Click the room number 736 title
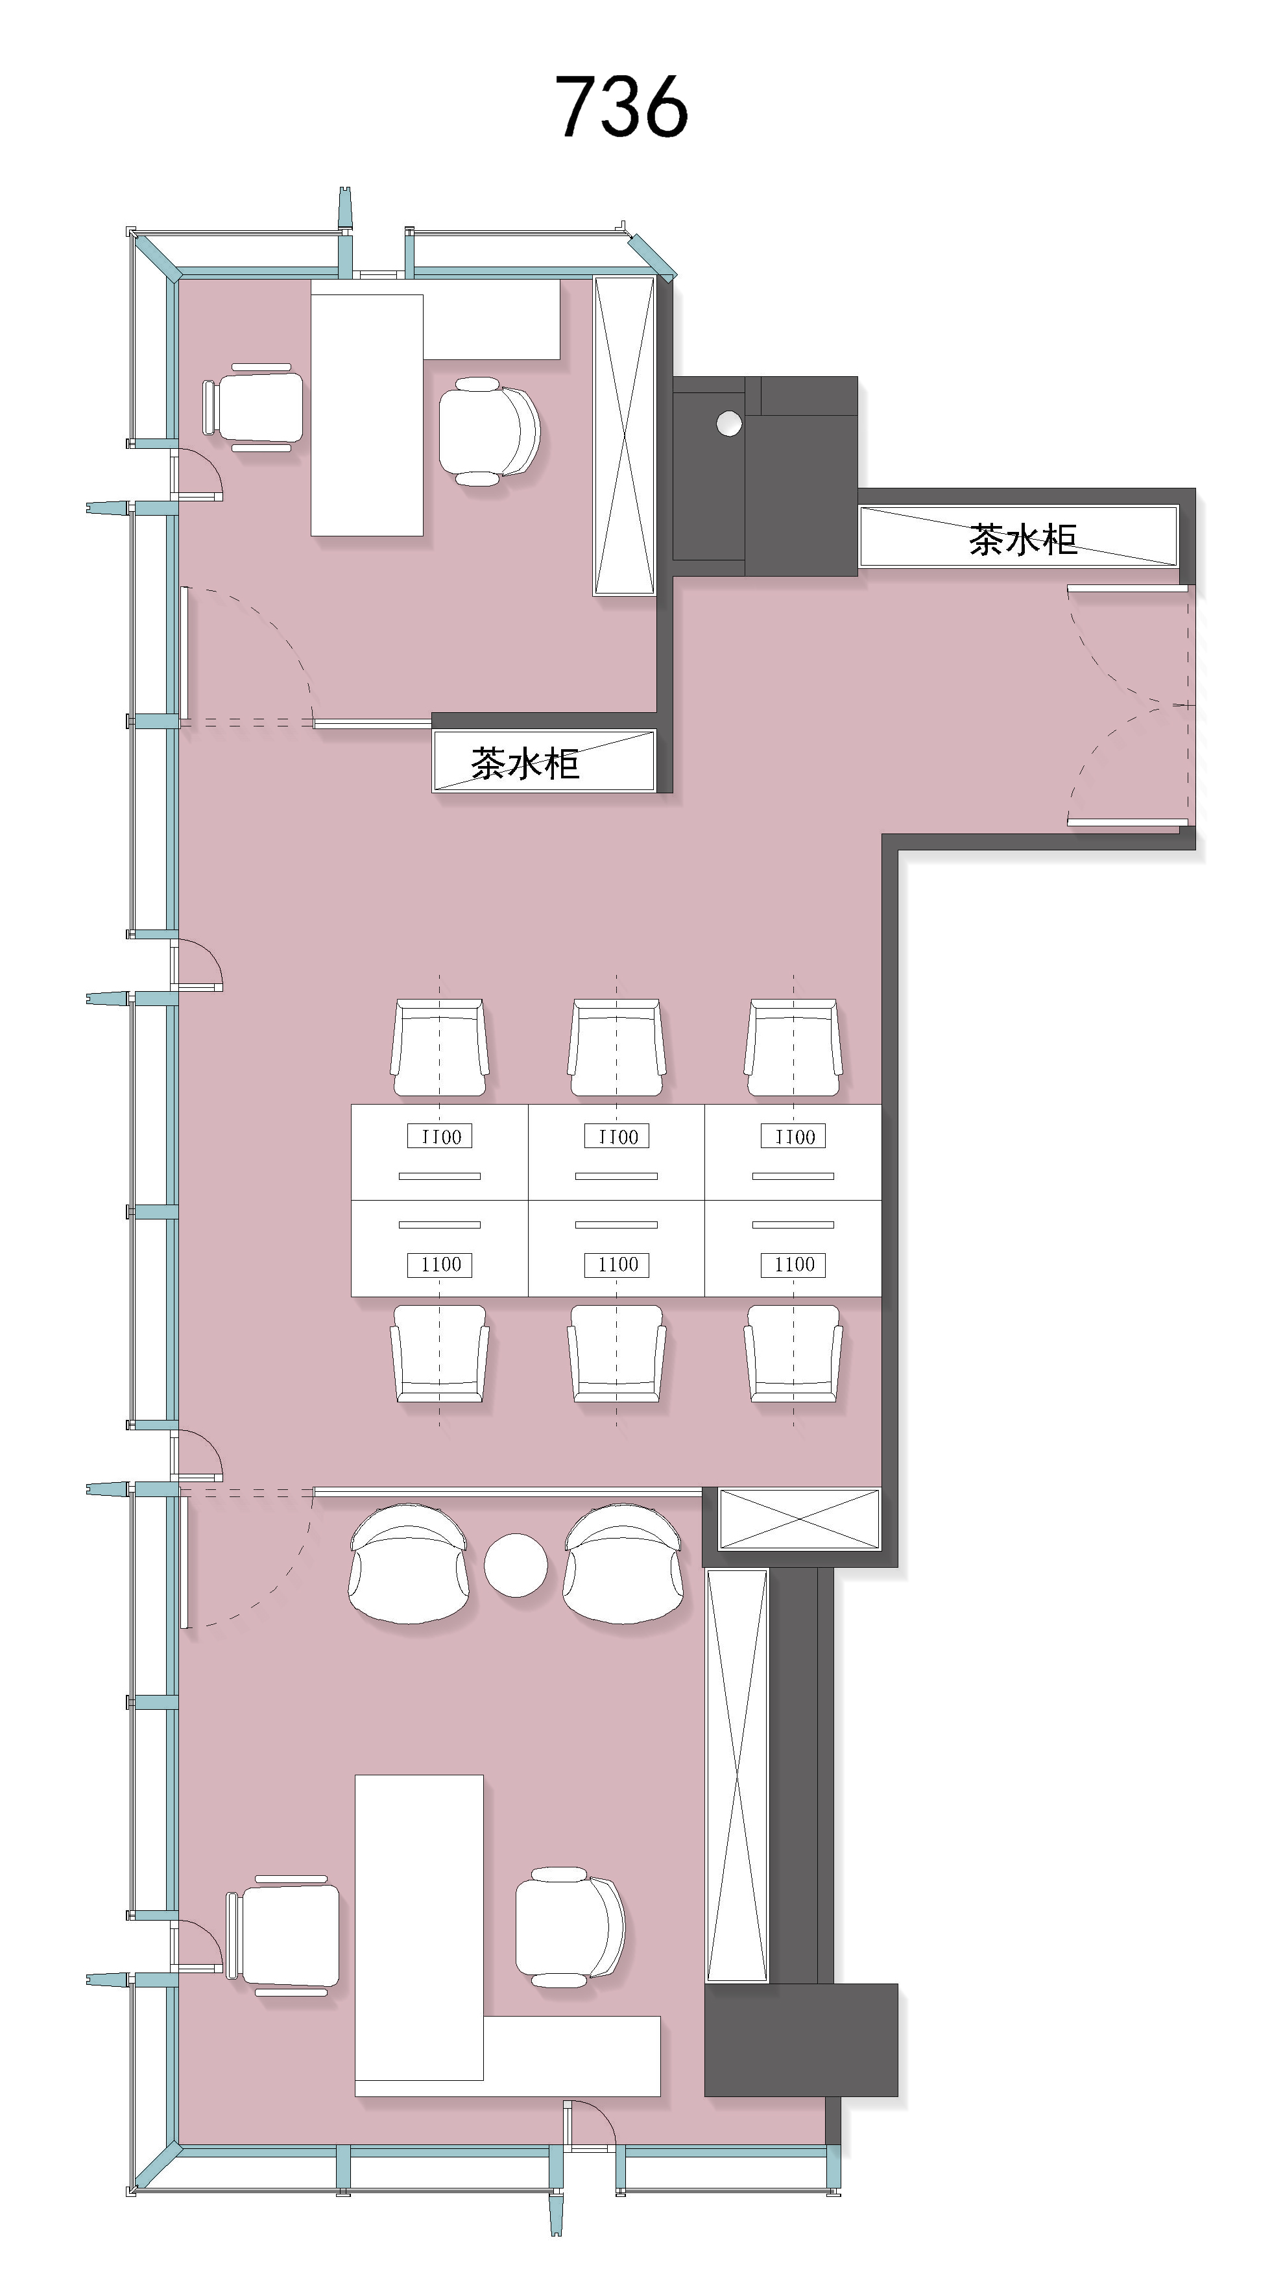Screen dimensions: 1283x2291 (621, 107)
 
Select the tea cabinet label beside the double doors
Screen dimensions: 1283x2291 (1022, 540)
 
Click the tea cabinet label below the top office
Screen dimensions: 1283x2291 (525, 763)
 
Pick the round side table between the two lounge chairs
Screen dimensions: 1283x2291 (516, 1565)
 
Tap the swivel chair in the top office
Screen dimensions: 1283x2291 (489, 431)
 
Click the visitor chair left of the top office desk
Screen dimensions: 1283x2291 (254, 407)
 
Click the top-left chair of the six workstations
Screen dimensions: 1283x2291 (439, 1048)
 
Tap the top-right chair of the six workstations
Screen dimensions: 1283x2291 (793, 1048)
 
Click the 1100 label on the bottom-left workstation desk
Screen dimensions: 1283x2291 (440, 1264)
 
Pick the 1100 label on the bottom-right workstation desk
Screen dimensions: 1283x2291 (793, 1264)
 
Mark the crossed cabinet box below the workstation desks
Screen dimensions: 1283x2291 (798, 1519)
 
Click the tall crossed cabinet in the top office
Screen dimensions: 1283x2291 (624, 435)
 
